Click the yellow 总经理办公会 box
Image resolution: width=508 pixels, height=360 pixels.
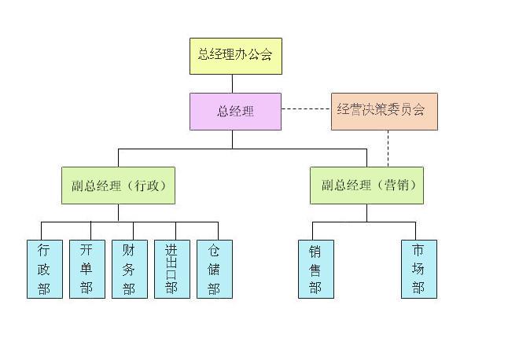pos(235,56)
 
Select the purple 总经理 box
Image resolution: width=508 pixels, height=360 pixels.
pos(235,112)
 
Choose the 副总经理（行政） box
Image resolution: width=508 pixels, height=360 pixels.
pos(118,186)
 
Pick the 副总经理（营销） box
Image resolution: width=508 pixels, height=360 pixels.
pos(366,186)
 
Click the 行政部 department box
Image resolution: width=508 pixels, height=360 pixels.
pos(45,270)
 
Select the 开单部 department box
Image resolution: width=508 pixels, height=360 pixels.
pos(87,270)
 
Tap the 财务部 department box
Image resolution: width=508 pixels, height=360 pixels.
pos(129,270)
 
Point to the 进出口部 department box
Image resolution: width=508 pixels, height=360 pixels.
pos(171,270)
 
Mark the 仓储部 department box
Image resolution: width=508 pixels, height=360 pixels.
pos(214,270)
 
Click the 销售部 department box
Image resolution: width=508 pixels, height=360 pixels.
pos(315,270)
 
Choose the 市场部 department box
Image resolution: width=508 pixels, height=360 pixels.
pos(418,270)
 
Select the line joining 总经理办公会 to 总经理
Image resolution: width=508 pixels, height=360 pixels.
pos(233,83)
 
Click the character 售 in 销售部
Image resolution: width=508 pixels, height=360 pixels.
pos(315,269)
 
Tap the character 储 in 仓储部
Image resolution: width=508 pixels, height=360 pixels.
pos(214,269)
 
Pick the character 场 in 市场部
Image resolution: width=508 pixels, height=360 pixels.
pos(418,269)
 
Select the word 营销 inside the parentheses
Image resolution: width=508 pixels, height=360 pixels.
pos(399,186)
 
